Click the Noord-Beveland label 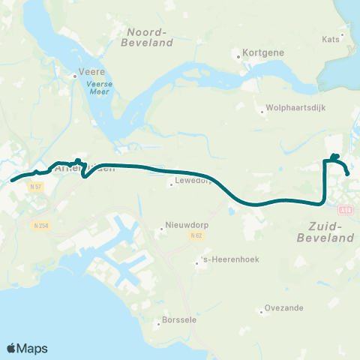(150, 37)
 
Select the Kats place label (331, 39)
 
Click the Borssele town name (178, 325)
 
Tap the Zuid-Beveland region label (331, 231)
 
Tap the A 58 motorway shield (346, 211)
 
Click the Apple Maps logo (27, 348)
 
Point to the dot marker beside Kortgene (237, 55)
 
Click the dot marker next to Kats (343, 34)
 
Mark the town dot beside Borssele (158, 325)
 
